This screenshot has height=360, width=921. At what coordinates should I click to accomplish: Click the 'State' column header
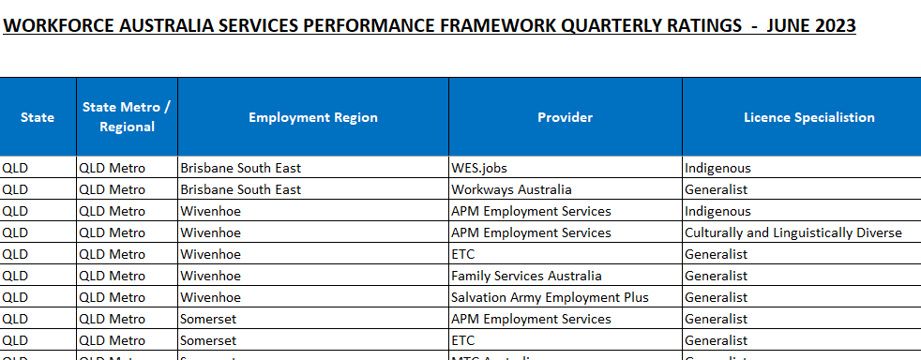[x=38, y=117]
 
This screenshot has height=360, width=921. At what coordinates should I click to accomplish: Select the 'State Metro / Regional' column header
[x=127, y=117]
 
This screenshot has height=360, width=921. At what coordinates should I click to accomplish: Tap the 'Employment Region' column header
[x=313, y=117]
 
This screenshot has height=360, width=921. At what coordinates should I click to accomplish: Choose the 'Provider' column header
[x=566, y=117]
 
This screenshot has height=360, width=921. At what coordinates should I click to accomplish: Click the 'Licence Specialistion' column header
[x=808, y=117]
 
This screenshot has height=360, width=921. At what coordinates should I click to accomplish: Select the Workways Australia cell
[x=511, y=189]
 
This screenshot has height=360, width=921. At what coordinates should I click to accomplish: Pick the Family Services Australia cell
[x=526, y=276]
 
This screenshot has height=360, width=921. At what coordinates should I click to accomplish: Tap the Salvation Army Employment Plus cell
[x=550, y=297]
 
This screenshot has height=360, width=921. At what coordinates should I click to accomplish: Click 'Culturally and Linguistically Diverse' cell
[x=793, y=232]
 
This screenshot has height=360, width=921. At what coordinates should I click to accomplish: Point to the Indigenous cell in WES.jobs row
[x=717, y=169]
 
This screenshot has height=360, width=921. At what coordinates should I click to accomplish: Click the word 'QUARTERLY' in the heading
[x=596, y=25]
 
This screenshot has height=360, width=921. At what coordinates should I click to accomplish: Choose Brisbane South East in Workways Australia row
[x=241, y=189]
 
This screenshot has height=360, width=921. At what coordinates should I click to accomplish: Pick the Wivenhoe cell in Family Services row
[x=211, y=276]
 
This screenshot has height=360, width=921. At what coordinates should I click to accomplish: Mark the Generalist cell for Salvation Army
[x=717, y=297]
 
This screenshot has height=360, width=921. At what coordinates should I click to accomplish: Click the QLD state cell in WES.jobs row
[x=16, y=169]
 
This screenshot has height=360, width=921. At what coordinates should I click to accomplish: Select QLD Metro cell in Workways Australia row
[x=113, y=189]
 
